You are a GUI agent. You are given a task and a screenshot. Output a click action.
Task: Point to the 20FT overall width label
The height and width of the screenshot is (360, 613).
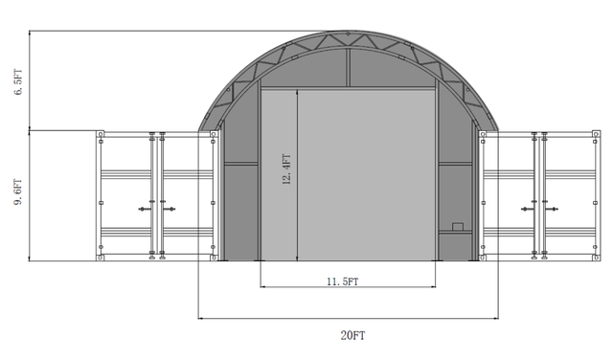(352, 335)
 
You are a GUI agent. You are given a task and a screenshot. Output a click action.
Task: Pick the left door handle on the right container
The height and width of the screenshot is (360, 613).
(527, 208)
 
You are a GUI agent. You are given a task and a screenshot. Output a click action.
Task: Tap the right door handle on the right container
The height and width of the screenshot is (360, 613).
(553, 208)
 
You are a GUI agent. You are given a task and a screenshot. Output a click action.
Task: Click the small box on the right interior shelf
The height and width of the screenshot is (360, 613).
(458, 227)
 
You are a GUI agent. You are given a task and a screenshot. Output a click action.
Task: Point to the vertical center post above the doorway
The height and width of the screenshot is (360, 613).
(349, 67)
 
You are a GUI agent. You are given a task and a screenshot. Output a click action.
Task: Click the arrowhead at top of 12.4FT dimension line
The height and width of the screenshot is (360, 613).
(298, 94)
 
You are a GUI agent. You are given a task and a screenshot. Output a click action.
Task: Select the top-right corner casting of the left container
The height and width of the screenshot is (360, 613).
(213, 134)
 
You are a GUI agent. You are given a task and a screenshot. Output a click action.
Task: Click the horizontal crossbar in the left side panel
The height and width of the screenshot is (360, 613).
(240, 164)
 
